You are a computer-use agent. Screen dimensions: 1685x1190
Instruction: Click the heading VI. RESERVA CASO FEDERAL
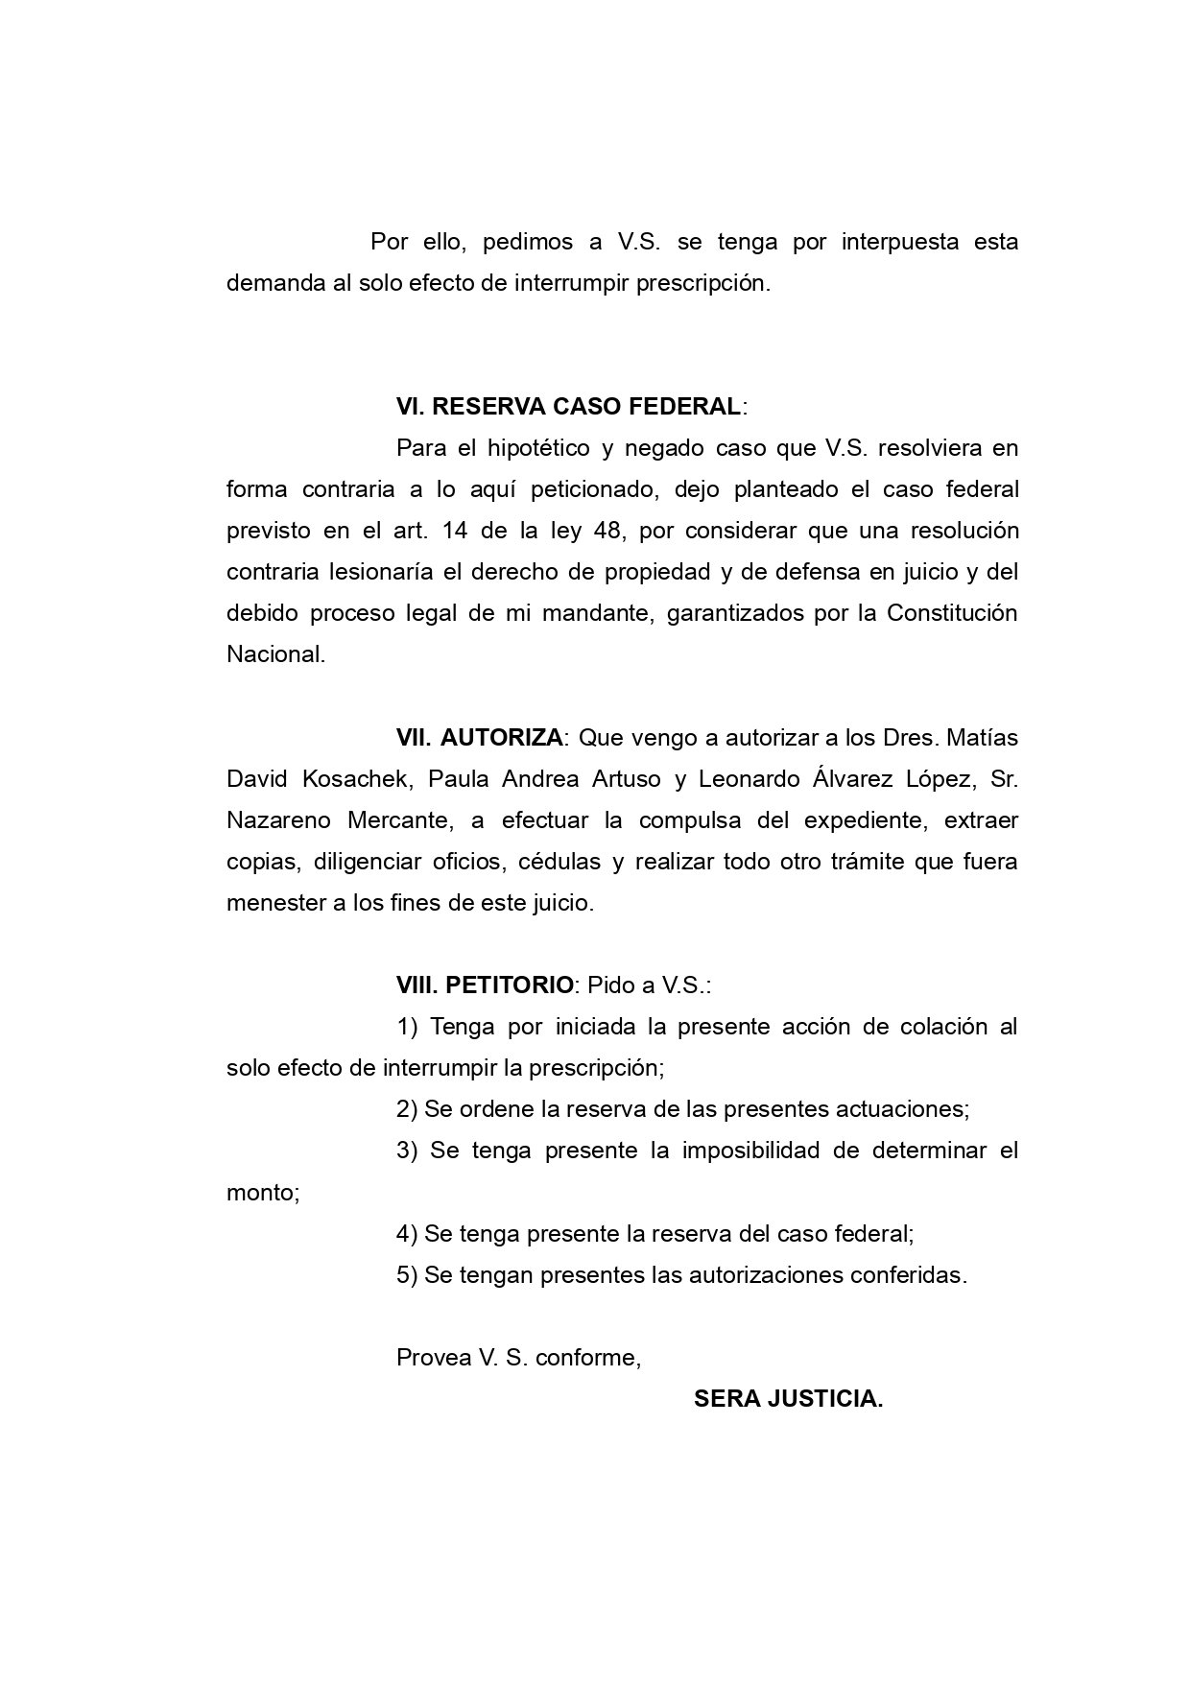pos(568,406)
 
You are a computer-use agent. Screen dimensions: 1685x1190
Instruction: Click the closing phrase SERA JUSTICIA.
pos(788,1399)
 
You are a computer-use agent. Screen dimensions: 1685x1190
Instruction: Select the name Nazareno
pos(282,820)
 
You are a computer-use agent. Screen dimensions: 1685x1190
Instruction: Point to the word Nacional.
pos(275,654)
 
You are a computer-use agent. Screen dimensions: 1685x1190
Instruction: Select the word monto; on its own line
pos(263,1193)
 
